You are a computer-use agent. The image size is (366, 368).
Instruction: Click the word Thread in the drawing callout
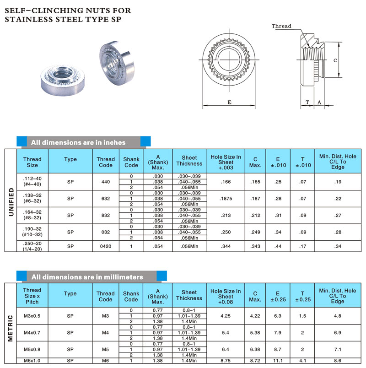(x=281, y=26)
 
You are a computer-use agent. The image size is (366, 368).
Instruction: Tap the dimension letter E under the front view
(x=229, y=103)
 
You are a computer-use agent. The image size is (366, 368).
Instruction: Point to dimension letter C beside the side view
(x=335, y=60)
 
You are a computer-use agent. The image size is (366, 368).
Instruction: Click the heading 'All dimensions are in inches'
(x=78, y=142)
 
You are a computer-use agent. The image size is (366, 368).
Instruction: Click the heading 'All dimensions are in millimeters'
(x=87, y=277)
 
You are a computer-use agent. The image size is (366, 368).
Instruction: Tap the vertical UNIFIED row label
(x=11, y=200)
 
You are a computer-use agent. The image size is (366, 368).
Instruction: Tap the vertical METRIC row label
(x=11, y=327)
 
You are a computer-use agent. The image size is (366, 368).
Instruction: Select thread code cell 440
(x=106, y=182)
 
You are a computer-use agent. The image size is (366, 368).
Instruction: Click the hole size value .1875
(x=226, y=199)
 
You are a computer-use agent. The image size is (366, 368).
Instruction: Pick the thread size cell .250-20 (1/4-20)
(x=32, y=246)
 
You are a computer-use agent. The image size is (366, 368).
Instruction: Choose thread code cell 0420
(x=106, y=246)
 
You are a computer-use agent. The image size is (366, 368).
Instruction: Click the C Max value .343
(x=255, y=246)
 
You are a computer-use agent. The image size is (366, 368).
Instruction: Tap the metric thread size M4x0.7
(x=32, y=333)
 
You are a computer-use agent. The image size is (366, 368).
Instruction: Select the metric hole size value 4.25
(x=226, y=316)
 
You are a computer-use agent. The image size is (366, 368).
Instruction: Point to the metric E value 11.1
(x=278, y=361)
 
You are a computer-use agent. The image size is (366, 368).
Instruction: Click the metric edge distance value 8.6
(x=338, y=361)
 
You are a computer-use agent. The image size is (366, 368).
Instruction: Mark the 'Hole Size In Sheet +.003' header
(x=226, y=162)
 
